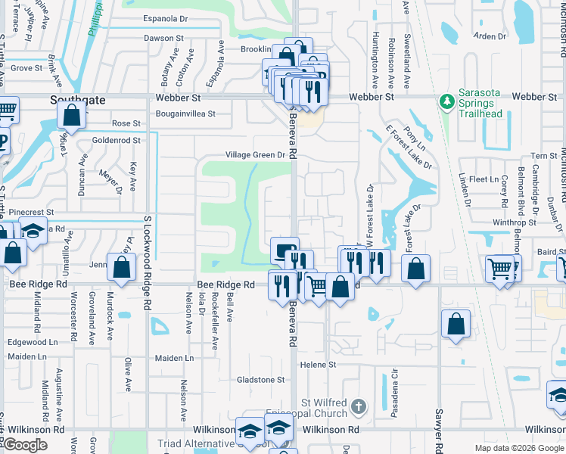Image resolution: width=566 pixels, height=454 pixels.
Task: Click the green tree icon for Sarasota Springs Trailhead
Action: click(x=446, y=101)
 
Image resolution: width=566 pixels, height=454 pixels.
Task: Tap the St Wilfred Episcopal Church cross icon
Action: click(x=359, y=407)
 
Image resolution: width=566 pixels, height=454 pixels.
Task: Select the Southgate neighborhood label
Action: click(x=77, y=99)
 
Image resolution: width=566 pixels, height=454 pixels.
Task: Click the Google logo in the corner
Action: click(x=25, y=445)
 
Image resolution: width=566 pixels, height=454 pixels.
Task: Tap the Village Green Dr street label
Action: click(x=258, y=155)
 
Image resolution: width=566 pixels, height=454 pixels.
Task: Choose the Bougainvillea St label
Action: click(x=185, y=114)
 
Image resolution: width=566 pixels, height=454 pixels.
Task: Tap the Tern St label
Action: click(x=543, y=156)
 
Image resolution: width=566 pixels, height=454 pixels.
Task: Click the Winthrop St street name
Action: click(x=514, y=222)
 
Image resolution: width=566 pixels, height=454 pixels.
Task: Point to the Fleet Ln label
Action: click(x=483, y=179)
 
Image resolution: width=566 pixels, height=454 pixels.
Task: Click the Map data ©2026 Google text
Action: click(x=518, y=448)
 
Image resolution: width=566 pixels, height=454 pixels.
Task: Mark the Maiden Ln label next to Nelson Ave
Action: click(x=174, y=358)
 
